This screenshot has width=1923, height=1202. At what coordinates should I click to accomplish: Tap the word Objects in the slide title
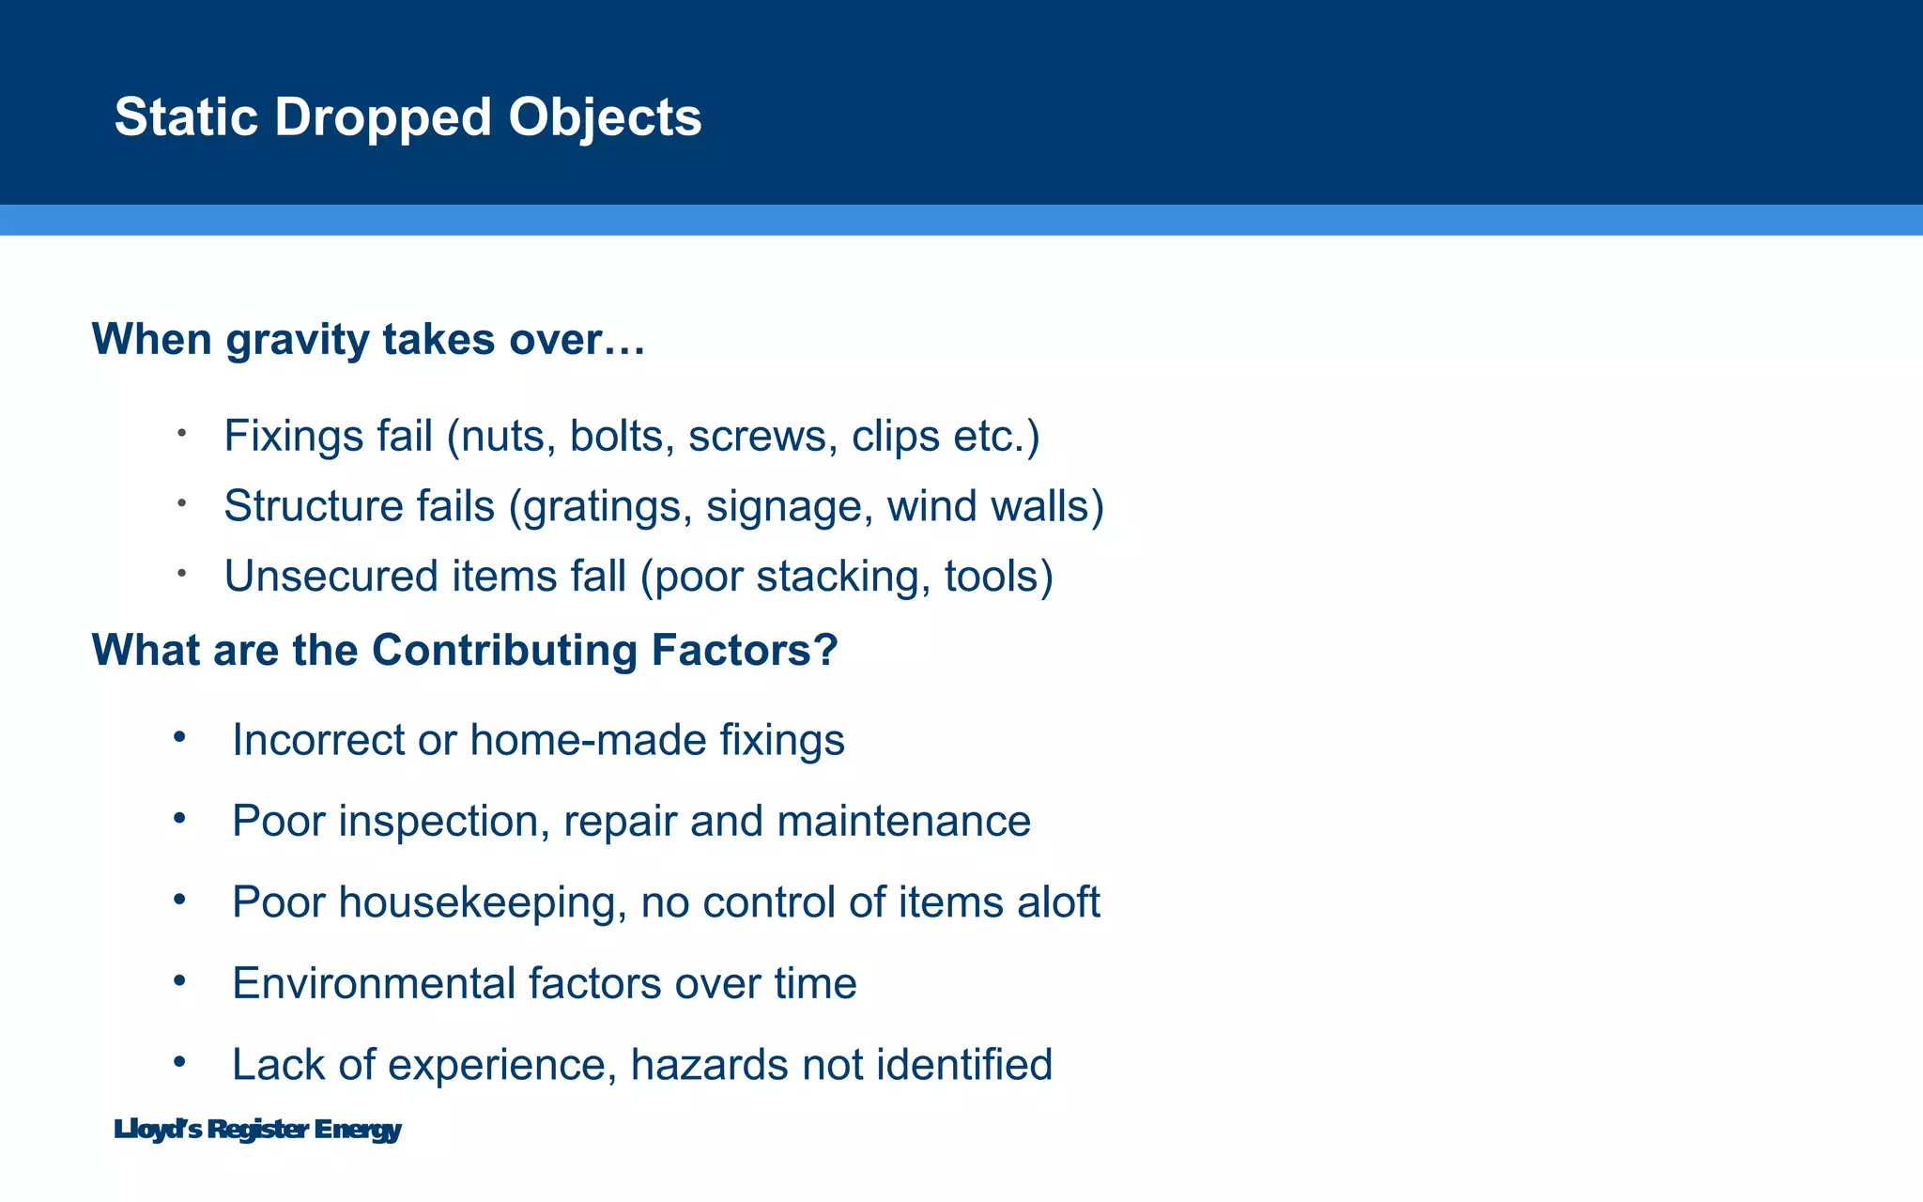click(605, 117)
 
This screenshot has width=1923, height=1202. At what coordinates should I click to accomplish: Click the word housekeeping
click(483, 902)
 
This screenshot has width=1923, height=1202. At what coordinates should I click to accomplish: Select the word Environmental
click(373, 983)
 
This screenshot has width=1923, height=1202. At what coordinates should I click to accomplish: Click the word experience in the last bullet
click(501, 1065)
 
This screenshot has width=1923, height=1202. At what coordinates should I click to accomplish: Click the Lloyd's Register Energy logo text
click(257, 1130)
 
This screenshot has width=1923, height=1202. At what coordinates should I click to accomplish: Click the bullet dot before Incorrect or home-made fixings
click(179, 737)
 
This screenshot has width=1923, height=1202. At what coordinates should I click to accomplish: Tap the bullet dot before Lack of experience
click(179, 1062)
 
